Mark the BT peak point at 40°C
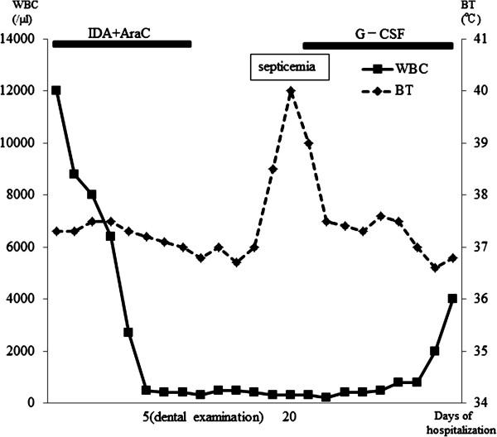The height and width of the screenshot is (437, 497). point(291,91)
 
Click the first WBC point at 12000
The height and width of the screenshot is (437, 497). point(56,90)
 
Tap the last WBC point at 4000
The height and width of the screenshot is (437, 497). point(452,299)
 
